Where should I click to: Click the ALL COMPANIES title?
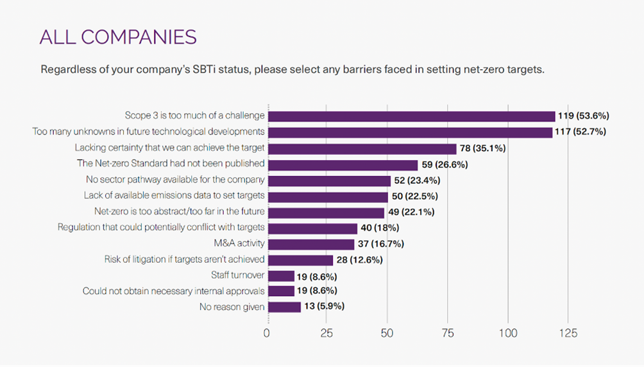pyautogui.click(x=118, y=37)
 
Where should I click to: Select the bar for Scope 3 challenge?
pyautogui.click(x=411, y=116)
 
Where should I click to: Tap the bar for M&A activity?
pyautogui.click(x=311, y=244)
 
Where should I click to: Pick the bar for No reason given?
pyautogui.click(x=284, y=307)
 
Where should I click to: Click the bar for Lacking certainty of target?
pyautogui.click(x=362, y=149)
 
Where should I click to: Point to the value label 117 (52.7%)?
pyautogui.click(x=582, y=132)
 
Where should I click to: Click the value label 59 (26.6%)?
pyautogui.click(x=445, y=165)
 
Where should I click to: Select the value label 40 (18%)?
pyautogui.click(x=380, y=228)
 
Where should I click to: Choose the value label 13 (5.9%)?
pyautogui.click(x=325, y=307)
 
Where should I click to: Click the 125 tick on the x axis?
pyautogui.click(x=568, y=334)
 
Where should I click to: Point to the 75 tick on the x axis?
pyautogui.click(x=446, y=334)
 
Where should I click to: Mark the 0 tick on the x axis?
pyautogui.click(x=267, y=334)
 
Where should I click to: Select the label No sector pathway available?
pyautogui.click(x=175, y=180)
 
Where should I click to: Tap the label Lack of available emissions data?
pyautogui.click(x=174, y=195)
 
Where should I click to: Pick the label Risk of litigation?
pyautogui.click(x=184, y=259)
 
